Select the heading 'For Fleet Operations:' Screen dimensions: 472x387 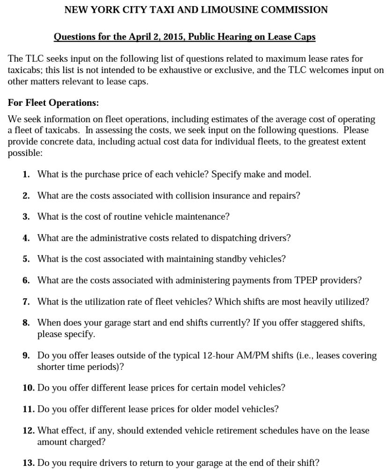pyautogui.click(x=53, y=103)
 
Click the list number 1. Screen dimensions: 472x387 pyautogui.click(x=26, y=175)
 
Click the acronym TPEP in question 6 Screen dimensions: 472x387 pyautogui.click(x=306, y=280)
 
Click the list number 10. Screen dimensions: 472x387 pyautogui.click(x=28, y=388)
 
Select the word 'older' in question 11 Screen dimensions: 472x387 pyautogui.click(x=203, y=409)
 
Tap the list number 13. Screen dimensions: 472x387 pyautogui.click(x=28, y=463)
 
